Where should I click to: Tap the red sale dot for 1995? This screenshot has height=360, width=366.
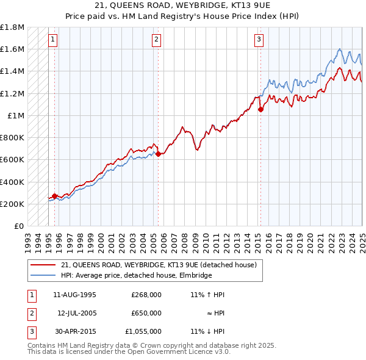[54, 196]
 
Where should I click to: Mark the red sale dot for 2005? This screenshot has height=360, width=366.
[158, 154]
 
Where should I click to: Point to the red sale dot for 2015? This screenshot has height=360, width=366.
[260, 110]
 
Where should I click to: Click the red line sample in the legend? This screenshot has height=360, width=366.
[43, 265]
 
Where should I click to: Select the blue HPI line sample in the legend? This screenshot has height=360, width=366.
[43, 275]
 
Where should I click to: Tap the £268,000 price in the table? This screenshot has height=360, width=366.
[146, 295]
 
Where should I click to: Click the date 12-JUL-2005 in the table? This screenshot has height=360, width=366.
[76, 313]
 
